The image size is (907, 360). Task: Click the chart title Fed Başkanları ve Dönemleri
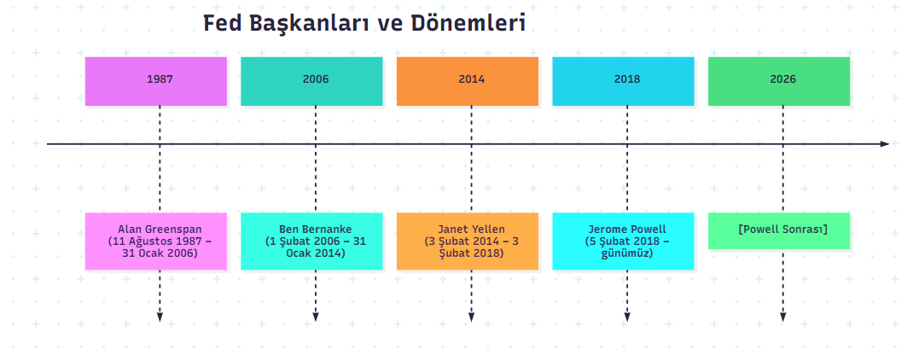pyautogui.click(x=364, y=24)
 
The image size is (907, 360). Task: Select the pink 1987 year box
pyautogui.click(x=155, y=81)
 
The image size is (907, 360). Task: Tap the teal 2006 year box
pyautogui.click(x=311, y=81)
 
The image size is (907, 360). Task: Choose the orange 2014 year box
pyautogui.click(x=468, y=81)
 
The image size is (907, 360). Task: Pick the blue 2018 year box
pyautogui.click(x=623, y=81)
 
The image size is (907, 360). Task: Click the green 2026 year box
pyautogui.click(x=779, y=81)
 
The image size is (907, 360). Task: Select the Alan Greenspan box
pyautogui.click(x=155, y=241)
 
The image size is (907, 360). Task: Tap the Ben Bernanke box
pyautogui.click(x=311, y=241)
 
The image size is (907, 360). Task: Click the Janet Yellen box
pyautogui.click(x=468, y=241)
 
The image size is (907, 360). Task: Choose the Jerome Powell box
pyautogui.click(x=623, y=241)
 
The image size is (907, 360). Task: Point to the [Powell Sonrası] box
pyautogui.click(x=779, y=231)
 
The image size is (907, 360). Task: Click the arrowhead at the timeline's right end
pyautogui.click(x=885, y=143)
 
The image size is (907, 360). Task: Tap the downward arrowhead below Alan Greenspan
pyautogui.click(x=160, y=317)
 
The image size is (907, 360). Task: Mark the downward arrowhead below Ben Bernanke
pyautogui.click(x=315, y=317)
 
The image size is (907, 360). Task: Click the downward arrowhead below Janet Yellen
pyautogui.click(x=472, y=317)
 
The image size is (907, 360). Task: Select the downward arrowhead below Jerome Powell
pyautogui.click(x=627, y=317)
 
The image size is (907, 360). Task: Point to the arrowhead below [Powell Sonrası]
pyautogui.click(x=782, y=317)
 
